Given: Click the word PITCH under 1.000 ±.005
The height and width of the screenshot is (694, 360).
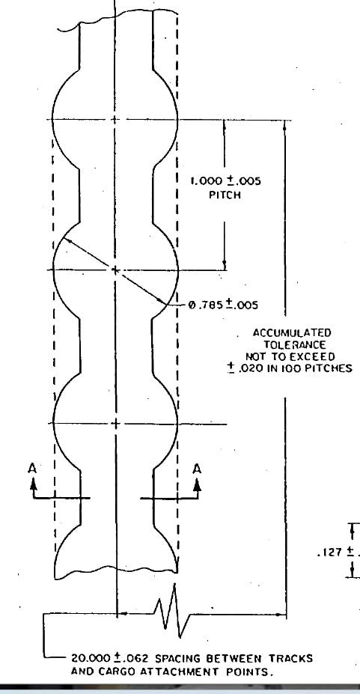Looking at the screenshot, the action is (225, 195).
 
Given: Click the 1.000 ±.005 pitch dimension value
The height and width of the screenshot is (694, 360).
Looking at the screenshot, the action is (225, 181).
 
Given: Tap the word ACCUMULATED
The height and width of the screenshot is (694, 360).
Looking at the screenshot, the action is (292, 333).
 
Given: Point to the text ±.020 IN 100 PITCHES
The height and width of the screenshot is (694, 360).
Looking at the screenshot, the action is (290, 368).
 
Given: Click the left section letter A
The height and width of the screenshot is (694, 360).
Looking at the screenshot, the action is (32, 469).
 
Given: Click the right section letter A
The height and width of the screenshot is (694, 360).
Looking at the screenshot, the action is (198, 469).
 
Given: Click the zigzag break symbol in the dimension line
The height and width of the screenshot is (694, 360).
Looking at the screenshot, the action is (172, 611).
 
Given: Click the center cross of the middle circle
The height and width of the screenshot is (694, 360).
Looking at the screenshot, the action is (115, 270).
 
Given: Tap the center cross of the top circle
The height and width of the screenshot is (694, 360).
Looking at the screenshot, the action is (115, 120).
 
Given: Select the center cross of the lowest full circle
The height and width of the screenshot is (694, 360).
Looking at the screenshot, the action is (115, 424).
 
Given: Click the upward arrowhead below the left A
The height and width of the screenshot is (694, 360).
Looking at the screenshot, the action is (34, 484).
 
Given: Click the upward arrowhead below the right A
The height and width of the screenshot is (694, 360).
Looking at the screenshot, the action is (198, 484).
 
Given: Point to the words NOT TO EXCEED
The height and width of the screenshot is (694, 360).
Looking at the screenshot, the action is (290, 357).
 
